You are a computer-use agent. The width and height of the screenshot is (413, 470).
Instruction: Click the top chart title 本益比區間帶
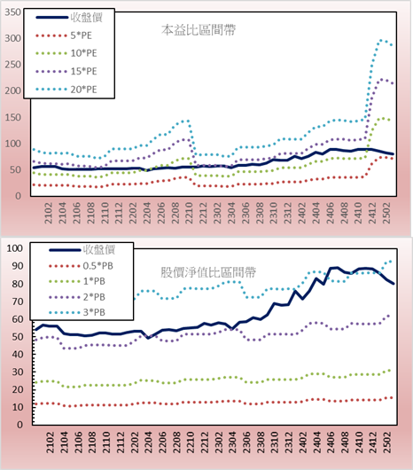(199, 30)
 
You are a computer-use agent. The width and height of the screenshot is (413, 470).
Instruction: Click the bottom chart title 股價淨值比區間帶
(208, 272)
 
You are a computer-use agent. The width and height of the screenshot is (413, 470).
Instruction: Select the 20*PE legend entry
(66, 90)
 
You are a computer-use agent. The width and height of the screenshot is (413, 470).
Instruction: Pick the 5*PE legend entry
(64, 35)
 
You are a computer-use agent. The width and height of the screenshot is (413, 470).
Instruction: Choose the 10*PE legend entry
(66, 53)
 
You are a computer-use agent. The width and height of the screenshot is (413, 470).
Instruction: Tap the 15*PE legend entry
(66, 71)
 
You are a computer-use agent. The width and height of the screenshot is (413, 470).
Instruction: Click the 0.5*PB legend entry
(81, 266)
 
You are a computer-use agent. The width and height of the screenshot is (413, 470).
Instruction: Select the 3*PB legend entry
(77, 312)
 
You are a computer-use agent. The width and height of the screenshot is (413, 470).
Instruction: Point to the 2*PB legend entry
(77, 297)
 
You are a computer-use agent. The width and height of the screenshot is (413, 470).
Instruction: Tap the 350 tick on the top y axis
(13, 12)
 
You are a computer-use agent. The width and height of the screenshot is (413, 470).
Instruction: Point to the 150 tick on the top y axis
(13, 117)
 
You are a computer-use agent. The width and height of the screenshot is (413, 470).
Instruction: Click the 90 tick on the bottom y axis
(17, 266)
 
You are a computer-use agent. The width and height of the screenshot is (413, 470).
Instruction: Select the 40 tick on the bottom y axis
(17, 355)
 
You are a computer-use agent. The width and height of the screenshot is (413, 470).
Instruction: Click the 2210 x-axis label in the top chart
(189, 213)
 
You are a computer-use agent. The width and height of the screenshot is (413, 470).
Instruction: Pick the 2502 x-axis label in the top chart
(386, 213)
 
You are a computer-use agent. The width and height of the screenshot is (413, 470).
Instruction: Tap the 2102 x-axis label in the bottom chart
(51, 443)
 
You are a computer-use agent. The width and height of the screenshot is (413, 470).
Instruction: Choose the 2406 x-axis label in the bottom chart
(331, 443)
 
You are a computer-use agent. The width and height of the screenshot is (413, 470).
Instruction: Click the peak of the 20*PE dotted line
(381, 40)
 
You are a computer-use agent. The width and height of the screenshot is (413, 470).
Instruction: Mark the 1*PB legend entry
(77, 281)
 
